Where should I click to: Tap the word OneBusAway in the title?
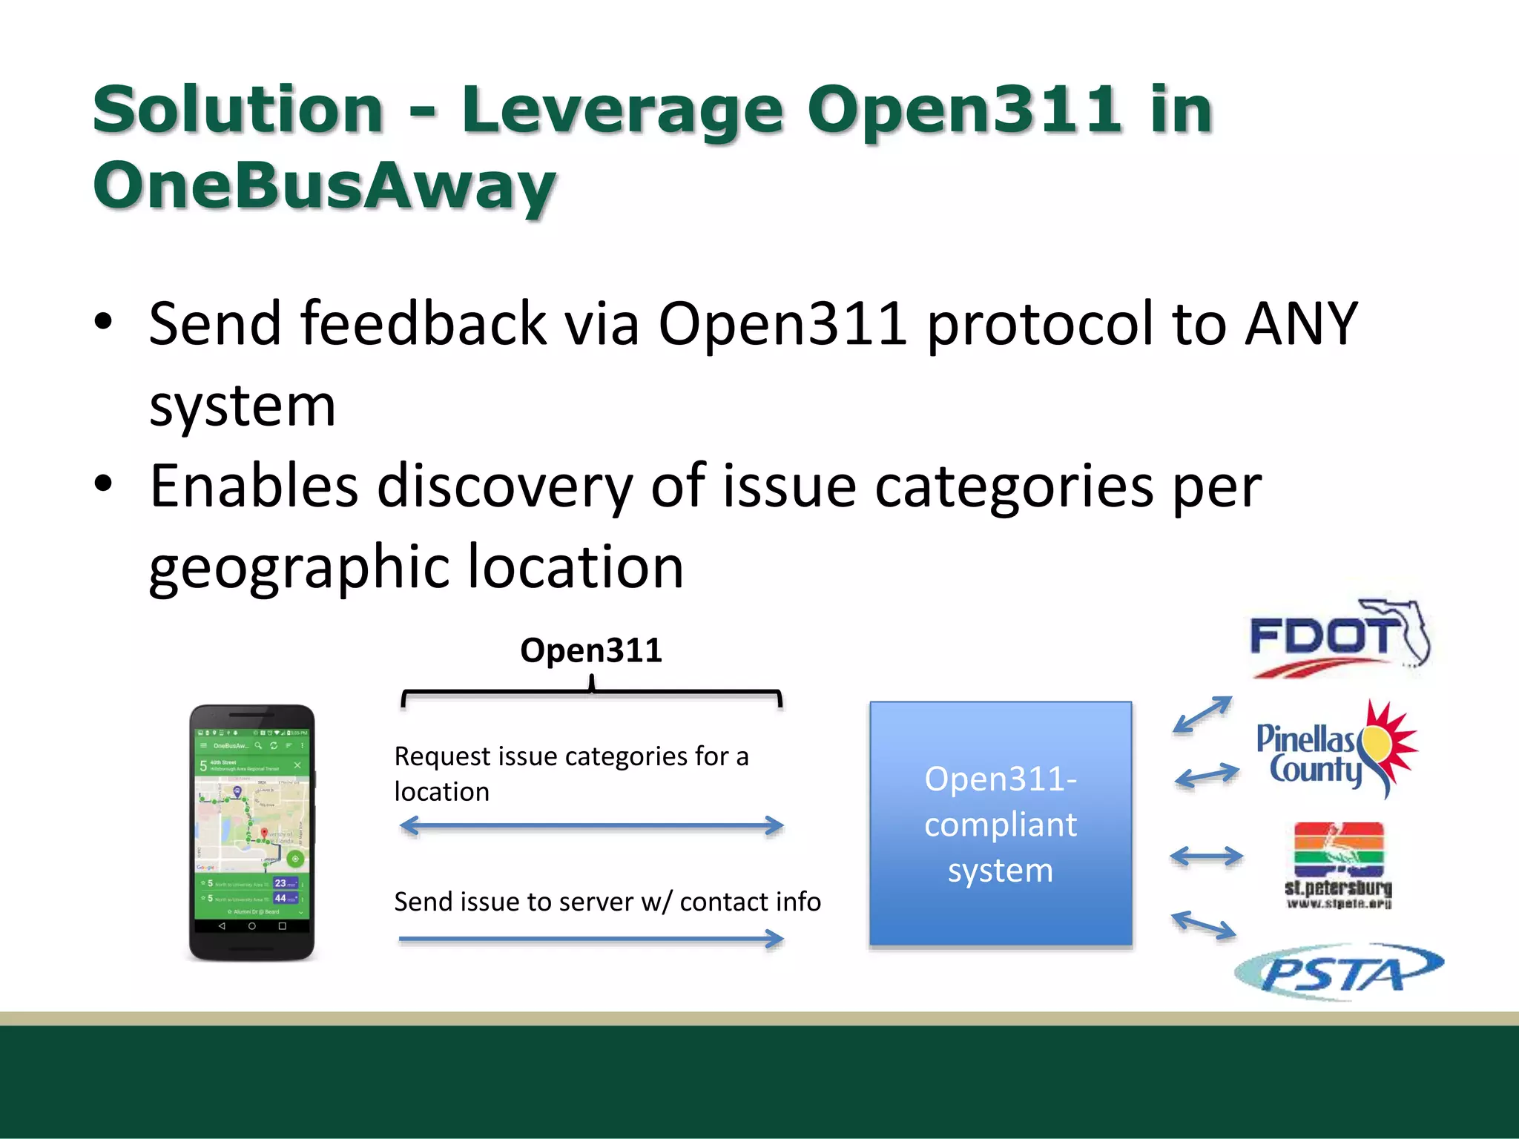pos(324,185)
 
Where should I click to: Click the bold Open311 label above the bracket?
pos(590,650)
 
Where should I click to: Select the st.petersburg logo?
pos(1338,865)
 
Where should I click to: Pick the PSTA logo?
pos(1339,971)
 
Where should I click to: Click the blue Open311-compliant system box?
pos(1001,824)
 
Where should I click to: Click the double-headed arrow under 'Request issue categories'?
pos(591,825)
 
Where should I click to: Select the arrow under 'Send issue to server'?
pos(591,939)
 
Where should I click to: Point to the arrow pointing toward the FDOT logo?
pos(1202,715)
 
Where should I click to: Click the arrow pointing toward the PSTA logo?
pos(1204,925)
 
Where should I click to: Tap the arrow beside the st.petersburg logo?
pos(1207,856)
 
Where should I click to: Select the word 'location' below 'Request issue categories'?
pos(441,792)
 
